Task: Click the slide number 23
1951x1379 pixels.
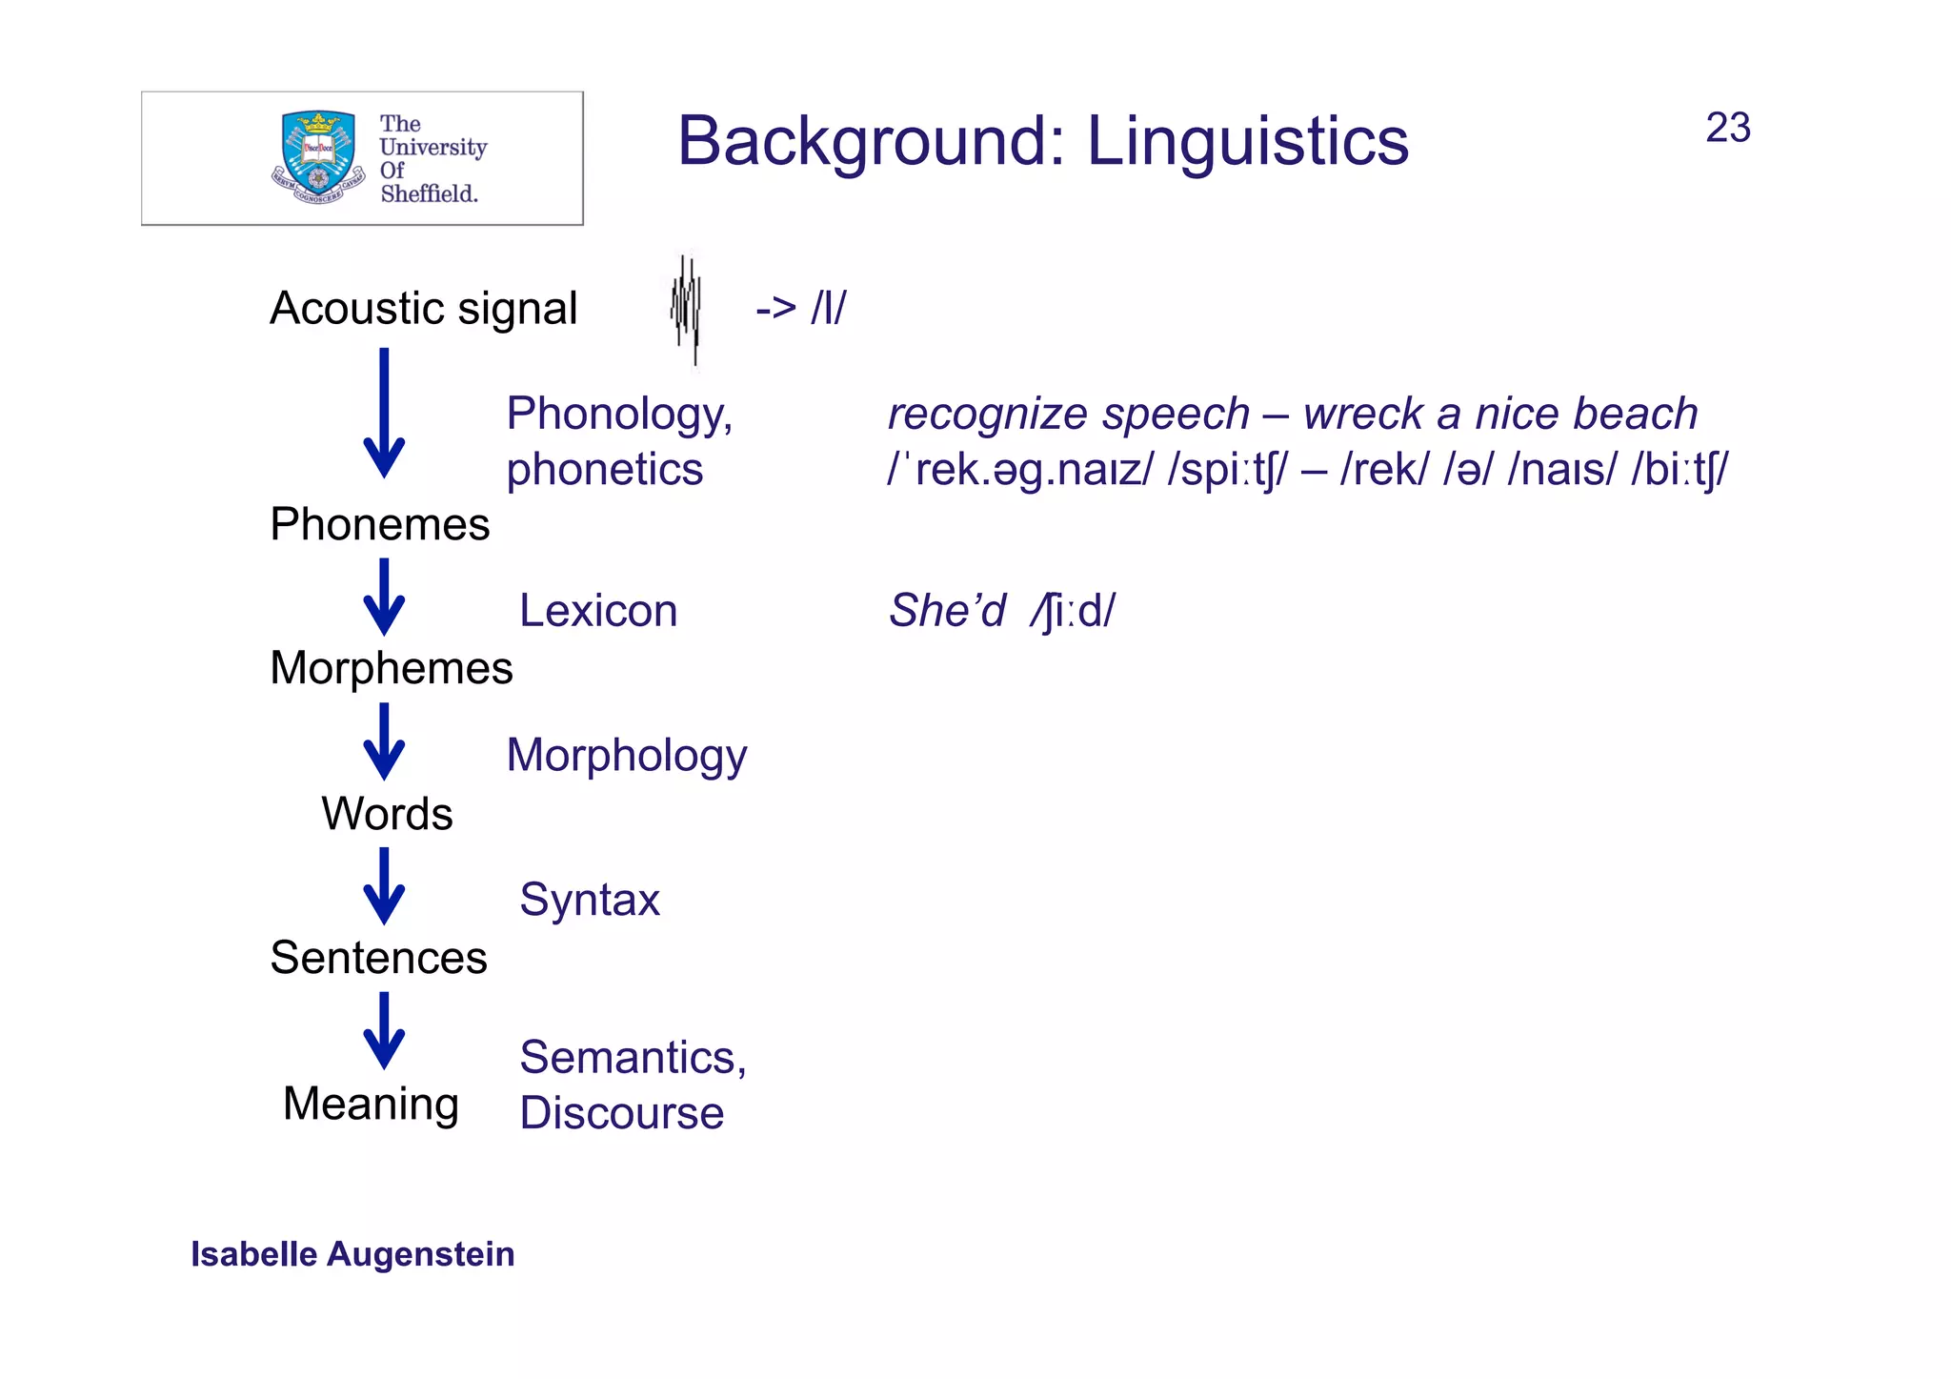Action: click(x=1727, y=128)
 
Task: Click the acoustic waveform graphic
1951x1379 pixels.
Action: click(x=686, y=310)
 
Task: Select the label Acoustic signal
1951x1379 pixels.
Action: click(x=423, y=309)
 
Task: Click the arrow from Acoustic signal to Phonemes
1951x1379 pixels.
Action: click(x=384, y=415)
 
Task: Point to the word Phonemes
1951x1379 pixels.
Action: click(x=379, y=524)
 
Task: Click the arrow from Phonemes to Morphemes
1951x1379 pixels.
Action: click(x=384, y=598)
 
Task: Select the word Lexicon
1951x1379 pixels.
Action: click(x=597, y=611)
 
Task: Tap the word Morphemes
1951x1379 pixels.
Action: click(x=391, y=668)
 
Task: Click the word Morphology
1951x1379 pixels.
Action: click(x=626, y=756)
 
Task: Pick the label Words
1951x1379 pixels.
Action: click(x=387, y=814)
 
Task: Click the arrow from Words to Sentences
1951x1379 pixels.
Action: click(x=384, y=886)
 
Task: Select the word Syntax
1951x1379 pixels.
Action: click(x=589, y=900)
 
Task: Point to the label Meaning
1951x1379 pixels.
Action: click(x=371, y=1104)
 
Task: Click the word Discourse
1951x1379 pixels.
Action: click(x=621, y=1113)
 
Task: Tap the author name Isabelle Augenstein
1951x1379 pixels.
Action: click(x=352, y=1254)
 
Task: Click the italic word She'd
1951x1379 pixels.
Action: click(x=947, y=611)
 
